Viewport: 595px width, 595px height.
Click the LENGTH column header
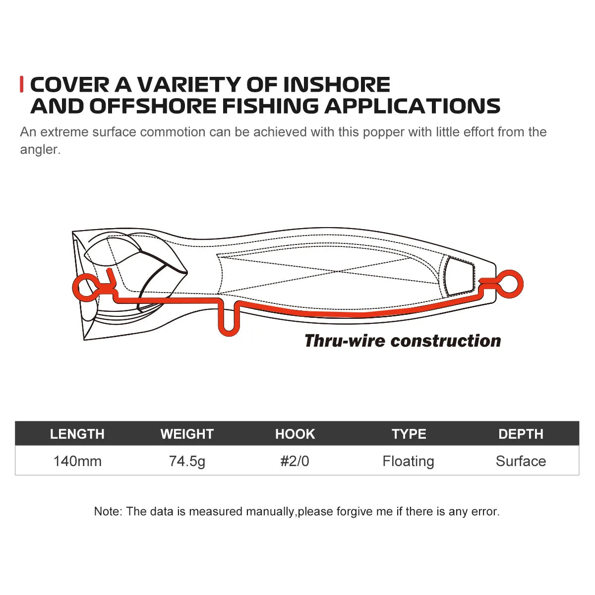(x=77, y=434)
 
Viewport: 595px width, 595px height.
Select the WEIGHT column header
(x=187, y=434)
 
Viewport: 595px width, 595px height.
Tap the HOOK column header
(x=295, y=434)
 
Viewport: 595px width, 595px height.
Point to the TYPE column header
(x=409, y=434)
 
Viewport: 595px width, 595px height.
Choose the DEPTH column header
(x=521, y=434)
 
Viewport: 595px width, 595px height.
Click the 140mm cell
(x=77, y=461)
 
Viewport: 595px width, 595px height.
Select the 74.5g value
(x=187, y=462)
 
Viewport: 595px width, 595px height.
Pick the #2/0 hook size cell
(x=295, y=461)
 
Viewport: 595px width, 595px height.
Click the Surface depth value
(x=521, y=461)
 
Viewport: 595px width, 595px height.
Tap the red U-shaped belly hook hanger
(x=229, y=334)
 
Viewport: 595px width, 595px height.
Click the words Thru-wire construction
(x=403, y=341)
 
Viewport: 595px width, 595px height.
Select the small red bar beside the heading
(x=21, y=84)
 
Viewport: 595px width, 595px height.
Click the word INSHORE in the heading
(x=337, y=85)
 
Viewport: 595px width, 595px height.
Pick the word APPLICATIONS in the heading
(x=412, y=106)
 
